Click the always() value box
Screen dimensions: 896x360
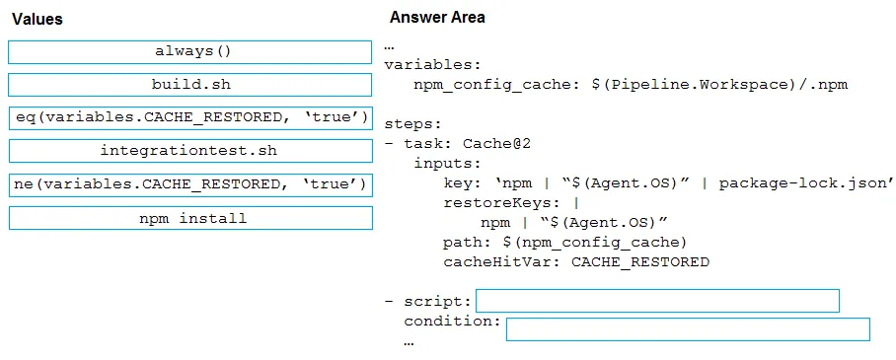190,52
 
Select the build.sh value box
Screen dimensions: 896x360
190,85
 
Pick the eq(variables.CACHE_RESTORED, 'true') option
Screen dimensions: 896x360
190,117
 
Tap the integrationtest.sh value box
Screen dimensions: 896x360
190,151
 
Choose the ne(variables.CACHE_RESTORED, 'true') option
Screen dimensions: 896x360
190,184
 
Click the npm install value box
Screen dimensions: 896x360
190,218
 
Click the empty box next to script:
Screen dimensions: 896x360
657,301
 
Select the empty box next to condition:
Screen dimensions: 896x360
688,329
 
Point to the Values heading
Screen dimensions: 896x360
37,20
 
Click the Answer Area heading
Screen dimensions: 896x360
437,18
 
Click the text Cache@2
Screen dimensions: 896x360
496,143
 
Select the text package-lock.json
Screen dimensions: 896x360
806,183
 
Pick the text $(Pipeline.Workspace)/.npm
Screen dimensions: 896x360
719,85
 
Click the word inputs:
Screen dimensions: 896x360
447,164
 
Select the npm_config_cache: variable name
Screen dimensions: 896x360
492,85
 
